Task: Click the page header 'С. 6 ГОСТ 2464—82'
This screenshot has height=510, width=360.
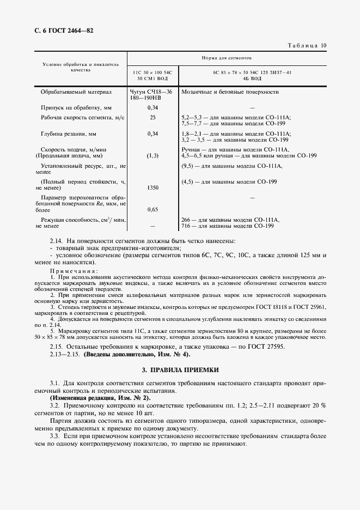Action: [x=61, y=31]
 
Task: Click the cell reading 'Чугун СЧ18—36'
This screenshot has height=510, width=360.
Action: [x=150, y=92]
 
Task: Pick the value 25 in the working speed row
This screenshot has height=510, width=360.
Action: [x=153, y=117]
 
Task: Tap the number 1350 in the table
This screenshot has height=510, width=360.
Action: [x=153, y=187]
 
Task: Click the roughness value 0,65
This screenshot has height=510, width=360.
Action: [x=153, y=209]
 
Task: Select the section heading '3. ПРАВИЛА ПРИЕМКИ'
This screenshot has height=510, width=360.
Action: [x=180, y=370]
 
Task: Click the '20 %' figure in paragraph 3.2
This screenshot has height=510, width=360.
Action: [x=318, y=406]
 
